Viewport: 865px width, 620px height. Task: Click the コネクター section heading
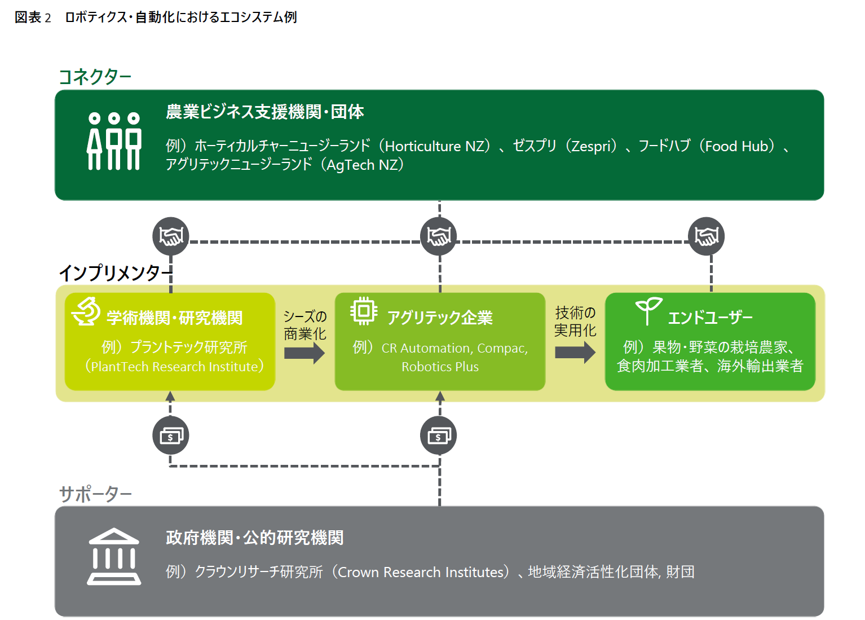pyautogui.click(x=95, y=77)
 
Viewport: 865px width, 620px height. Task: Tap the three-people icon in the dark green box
pyautogui.click(x=114, y=141)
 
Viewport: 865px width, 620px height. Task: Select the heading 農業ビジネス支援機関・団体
pyautogui.click(x=264, y=112)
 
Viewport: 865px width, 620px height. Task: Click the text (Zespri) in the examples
pyautogui.click(x=592, y=146)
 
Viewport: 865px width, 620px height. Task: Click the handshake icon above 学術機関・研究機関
pyautogui.click(x=171, y=236)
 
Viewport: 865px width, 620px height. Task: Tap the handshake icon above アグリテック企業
pyautogui.click(x=439, y=236)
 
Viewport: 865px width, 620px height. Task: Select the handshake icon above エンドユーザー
pyautogui.click(x=706, y=236)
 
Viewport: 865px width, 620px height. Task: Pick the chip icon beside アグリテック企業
pyautogui.click(x=364, y=310)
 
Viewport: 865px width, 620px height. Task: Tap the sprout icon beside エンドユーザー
pyautogui.click(x=648, y=310)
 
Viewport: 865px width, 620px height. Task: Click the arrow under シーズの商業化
pyautogui.click(x=304, y=354)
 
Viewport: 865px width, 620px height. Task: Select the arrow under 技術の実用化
pyautogui.click(x=575, y=353)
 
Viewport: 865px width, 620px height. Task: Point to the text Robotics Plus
pyautogui.click(x=440, y=367)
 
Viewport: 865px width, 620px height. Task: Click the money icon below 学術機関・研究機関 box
pyautogui.click(x=171, y=436)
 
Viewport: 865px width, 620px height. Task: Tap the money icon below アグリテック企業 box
pyautogui.click(x=439, y=436)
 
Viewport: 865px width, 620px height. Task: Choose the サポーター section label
pyautogui.click(x=95, y=494)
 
